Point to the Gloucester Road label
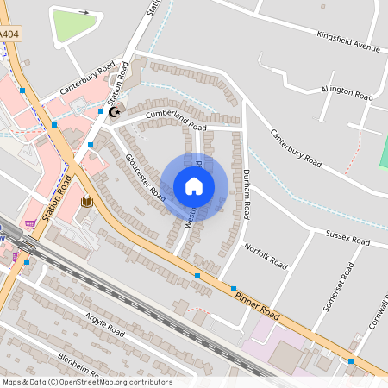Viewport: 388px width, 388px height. (145, 176)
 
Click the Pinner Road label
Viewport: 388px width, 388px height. (256, 301)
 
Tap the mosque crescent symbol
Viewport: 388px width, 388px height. (115, 111)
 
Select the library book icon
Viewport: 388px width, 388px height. (86, 203)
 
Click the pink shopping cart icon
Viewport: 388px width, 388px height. (31, 225)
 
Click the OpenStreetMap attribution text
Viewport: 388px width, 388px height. (86, 382)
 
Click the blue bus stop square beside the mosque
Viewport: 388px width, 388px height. (101, 112)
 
